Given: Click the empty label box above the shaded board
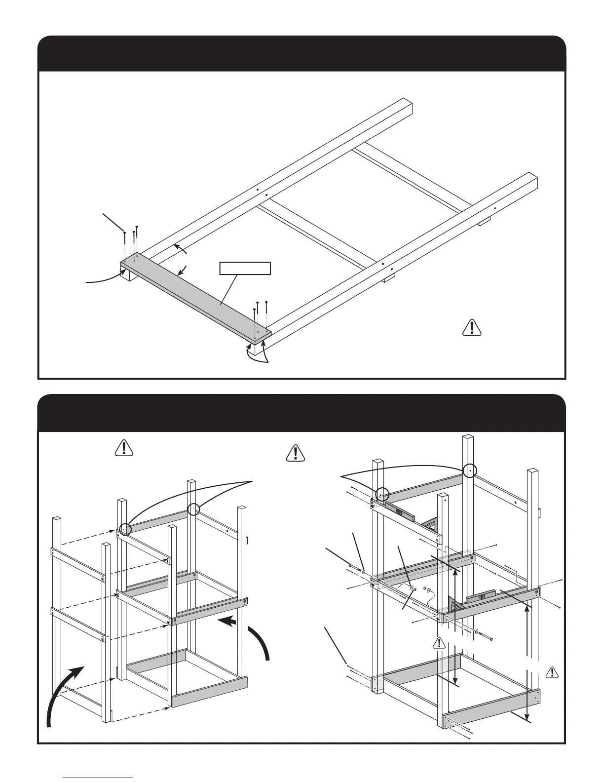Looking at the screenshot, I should point(245,268).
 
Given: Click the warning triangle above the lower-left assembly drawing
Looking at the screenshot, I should point(124,447).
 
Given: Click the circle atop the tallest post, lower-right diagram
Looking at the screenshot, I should point(471,471).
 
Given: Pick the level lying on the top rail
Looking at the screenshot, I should point(400,512).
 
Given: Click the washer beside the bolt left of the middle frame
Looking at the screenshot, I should point(364,572).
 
